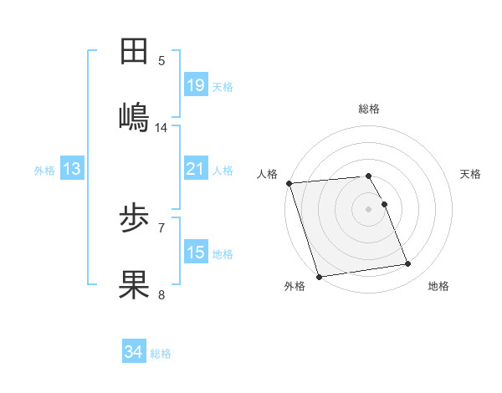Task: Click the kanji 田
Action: coord(135,52)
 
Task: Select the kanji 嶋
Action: coord(135,116)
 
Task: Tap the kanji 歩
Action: coord(135,219)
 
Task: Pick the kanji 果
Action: coord(135,283)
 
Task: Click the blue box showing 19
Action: coord(195,84)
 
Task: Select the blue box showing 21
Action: coord(195,169)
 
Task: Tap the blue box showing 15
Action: coord(195,253)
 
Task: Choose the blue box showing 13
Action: coord(71,169)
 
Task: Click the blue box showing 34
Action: coord(133,352)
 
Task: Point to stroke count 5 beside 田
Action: coord(161,61)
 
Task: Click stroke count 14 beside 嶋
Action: coord(161,128)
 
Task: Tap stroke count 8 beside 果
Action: coord(161,294)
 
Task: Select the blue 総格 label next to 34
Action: coord(161,354)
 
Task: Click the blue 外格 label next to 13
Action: coord(44,171)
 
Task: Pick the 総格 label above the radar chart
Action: coord(369,109)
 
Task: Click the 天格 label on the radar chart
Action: coord(471,174)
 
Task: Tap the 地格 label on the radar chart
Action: coord(438,286)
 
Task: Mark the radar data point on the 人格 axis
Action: coord(289,183)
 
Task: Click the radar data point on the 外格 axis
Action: coord(319,275)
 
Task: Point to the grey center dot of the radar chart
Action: coord(369,208)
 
